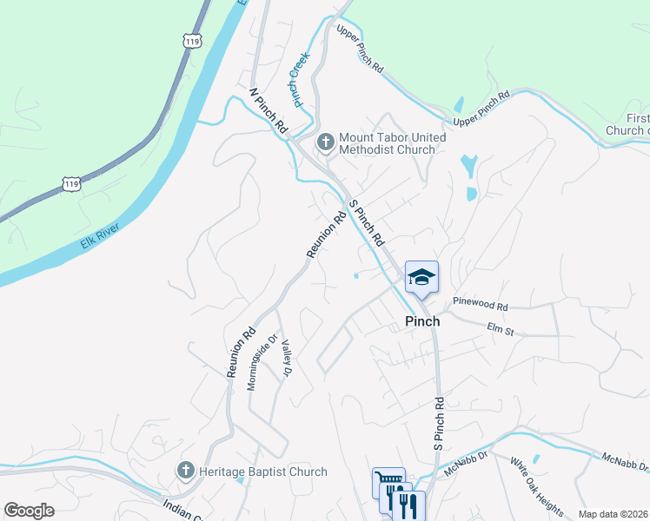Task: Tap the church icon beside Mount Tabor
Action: point(326,141)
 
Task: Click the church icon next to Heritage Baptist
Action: point(185,472)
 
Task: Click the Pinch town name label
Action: point(422,321)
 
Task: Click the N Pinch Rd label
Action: point(268,110)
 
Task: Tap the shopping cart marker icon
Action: point(388,480)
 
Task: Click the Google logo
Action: point(29,511)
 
